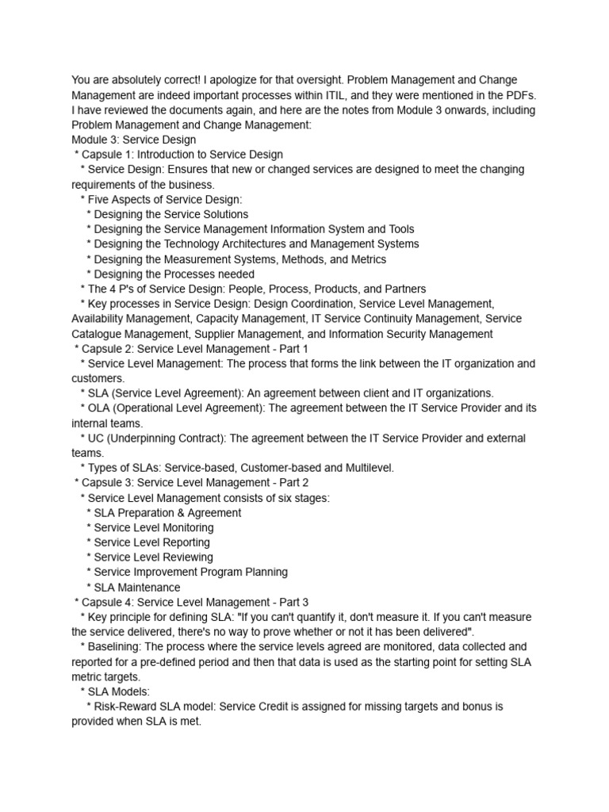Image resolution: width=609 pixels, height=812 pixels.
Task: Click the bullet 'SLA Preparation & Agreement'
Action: (167, 513)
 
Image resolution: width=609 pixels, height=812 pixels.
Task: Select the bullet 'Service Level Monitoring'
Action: (153, 527)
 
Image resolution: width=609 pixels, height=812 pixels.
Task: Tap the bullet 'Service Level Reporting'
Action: (151, 542)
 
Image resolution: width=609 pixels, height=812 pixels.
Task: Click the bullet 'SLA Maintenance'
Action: (136, 588)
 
